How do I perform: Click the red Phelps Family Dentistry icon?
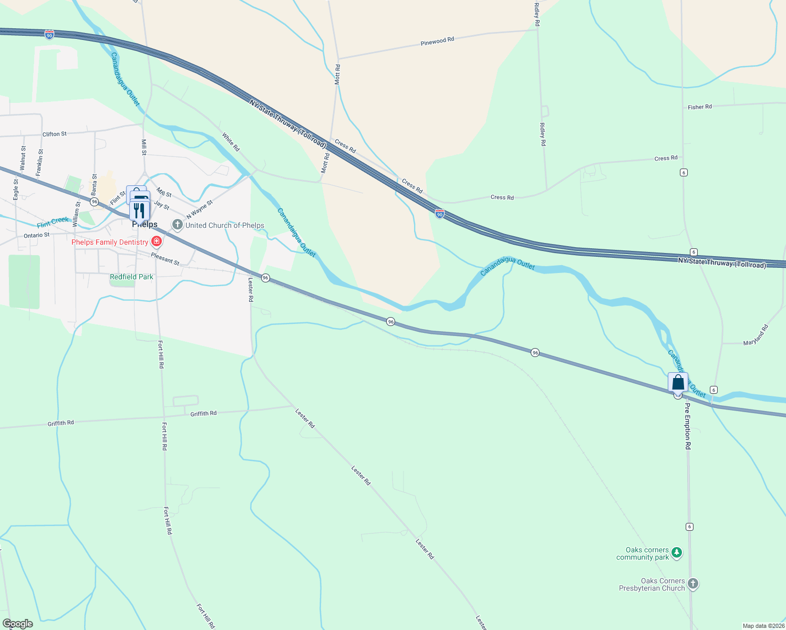(156, 241)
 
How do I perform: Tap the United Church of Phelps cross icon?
(178, 225)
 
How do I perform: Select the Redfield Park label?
(131, 277)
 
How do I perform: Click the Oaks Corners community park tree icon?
(677, 553)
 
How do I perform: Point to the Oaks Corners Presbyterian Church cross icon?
(693, 584)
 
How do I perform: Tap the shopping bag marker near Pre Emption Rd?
(678, 383)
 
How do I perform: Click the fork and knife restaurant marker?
(140, 209)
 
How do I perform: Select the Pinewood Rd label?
(437, 41)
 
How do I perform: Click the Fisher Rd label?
(700, 107)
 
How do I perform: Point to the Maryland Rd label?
(756, 335)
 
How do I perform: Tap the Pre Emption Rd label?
(687, 426)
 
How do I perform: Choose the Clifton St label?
(55, 134)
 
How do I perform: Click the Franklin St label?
(40, 162)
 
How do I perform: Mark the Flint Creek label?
(53, 222)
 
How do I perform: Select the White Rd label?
(231, 142)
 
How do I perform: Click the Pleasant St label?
(165, 259)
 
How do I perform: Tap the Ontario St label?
(37, 235)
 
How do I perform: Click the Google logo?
(18, 624)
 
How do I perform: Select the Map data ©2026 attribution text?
(763, 626)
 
